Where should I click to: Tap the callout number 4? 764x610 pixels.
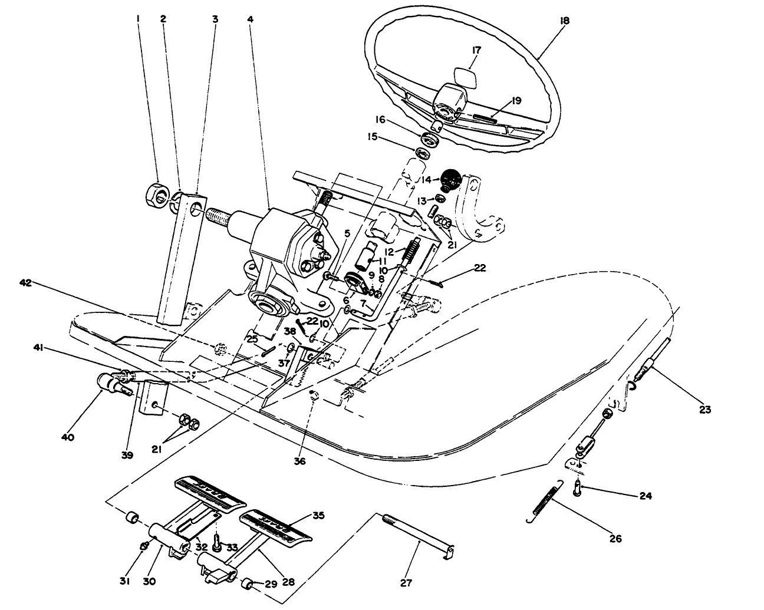coord(251,19)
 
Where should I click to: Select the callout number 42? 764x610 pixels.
coord(25,282)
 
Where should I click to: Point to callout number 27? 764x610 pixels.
coord(406,583)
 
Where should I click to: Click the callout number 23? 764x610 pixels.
coord(706,409)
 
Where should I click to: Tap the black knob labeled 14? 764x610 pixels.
coord(452,178)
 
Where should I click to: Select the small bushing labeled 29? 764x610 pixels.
coord(249,585)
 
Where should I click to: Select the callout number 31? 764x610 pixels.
coord(124,582)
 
